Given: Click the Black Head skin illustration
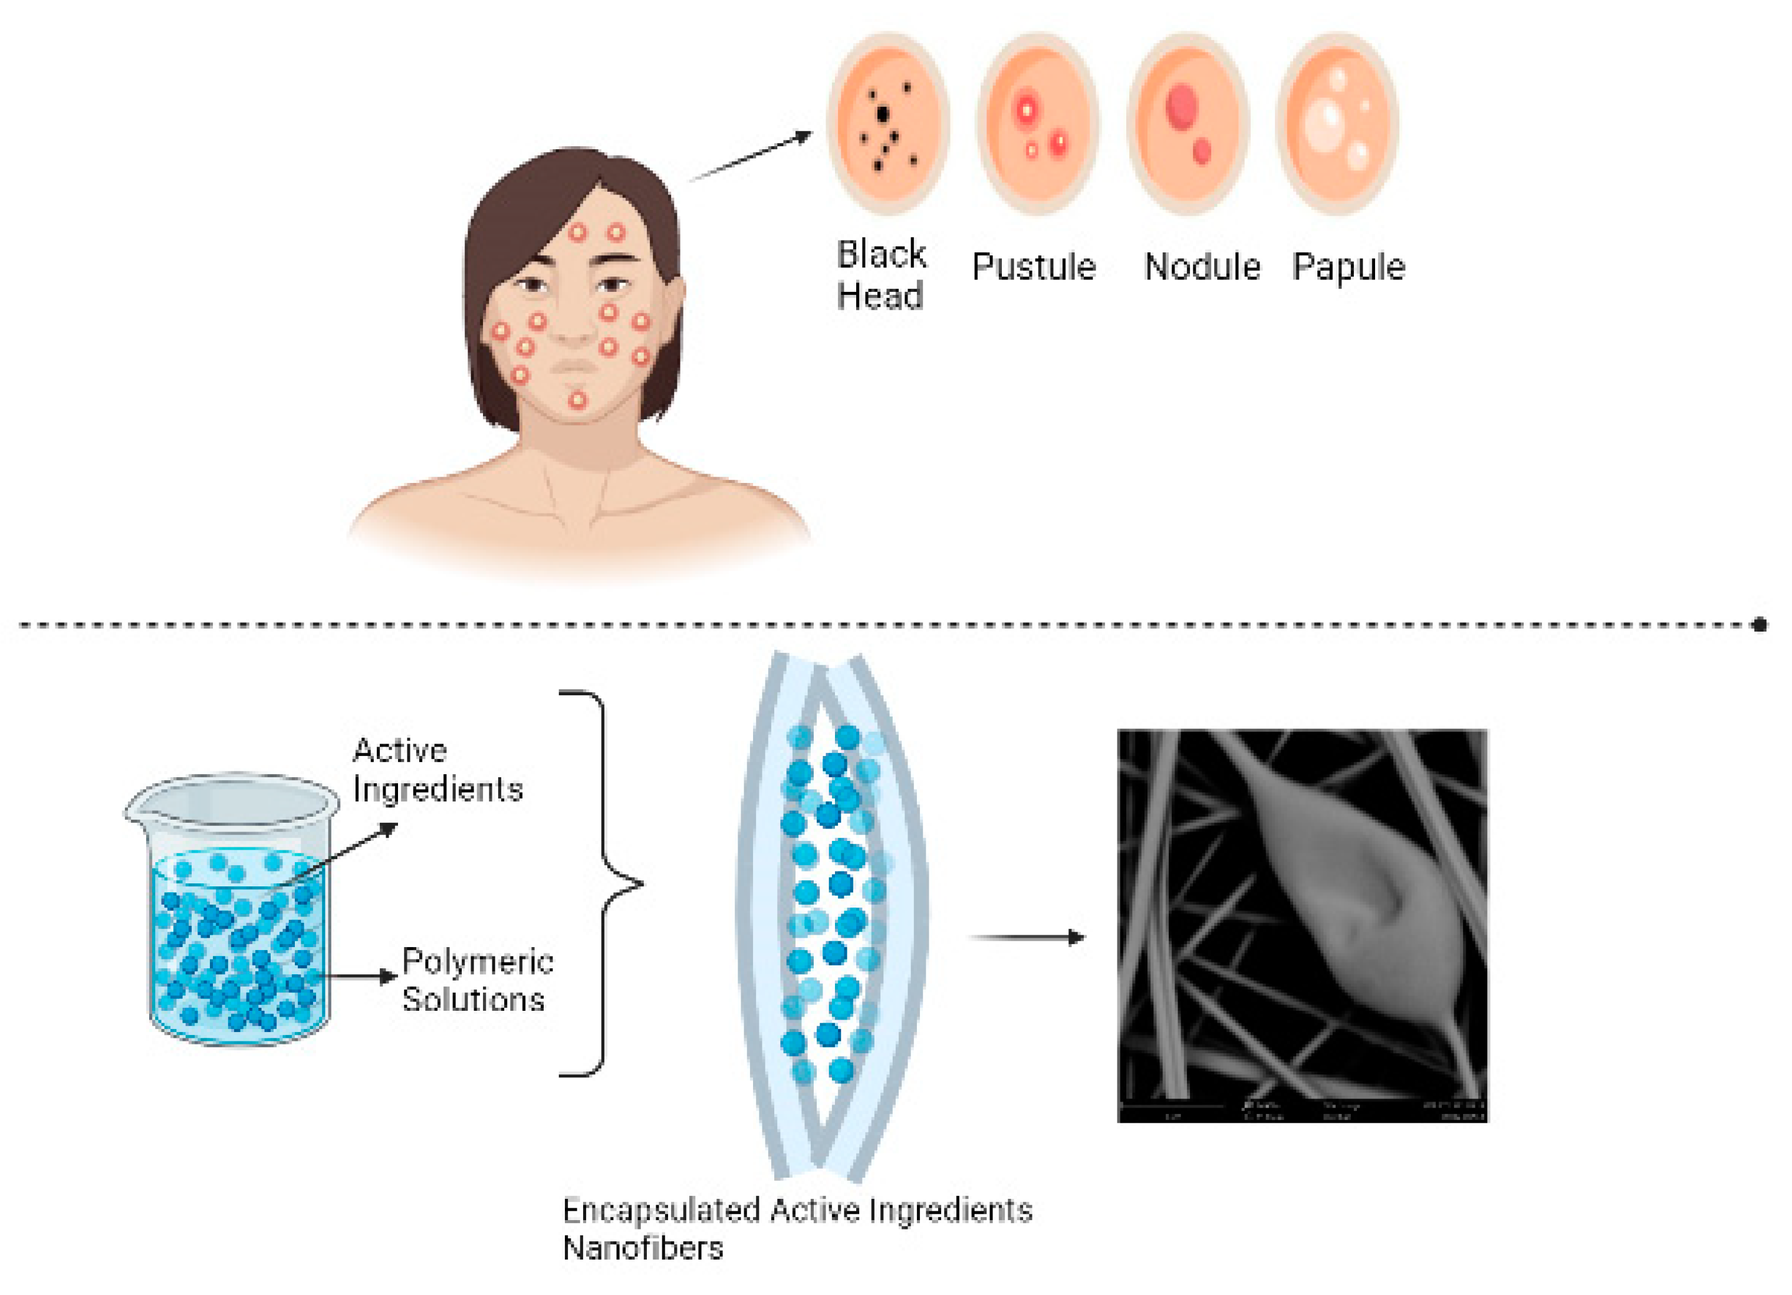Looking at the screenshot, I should pos(887,124).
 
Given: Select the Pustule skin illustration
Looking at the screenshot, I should pos(1037,124).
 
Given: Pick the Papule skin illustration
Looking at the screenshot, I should pos(1336,124).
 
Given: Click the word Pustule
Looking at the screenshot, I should pos(1034,267).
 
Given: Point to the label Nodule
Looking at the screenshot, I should pos(1201,267).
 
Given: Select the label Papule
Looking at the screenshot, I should pos(1348,267).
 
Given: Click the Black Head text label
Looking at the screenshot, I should pos(880,275).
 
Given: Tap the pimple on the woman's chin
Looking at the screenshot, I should pos(578,400).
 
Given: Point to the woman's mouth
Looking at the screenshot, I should pos(576,367).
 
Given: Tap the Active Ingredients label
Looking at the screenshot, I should pos(437,770).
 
